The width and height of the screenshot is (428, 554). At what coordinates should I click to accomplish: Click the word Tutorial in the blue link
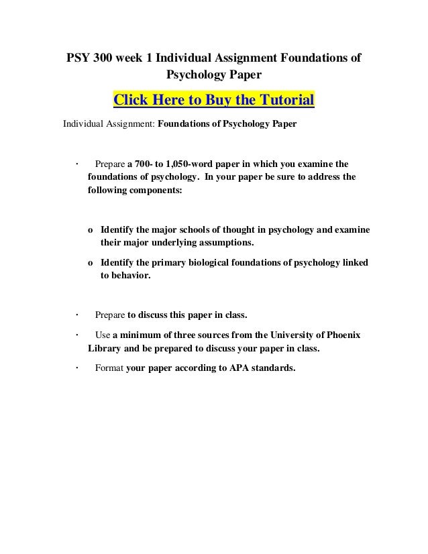click(282, 101)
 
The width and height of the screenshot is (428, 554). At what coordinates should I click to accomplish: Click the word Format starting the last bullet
click(110, 368)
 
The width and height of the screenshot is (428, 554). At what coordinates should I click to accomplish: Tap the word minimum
click(143, 336)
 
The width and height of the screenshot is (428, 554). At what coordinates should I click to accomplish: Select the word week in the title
click(134, 59)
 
